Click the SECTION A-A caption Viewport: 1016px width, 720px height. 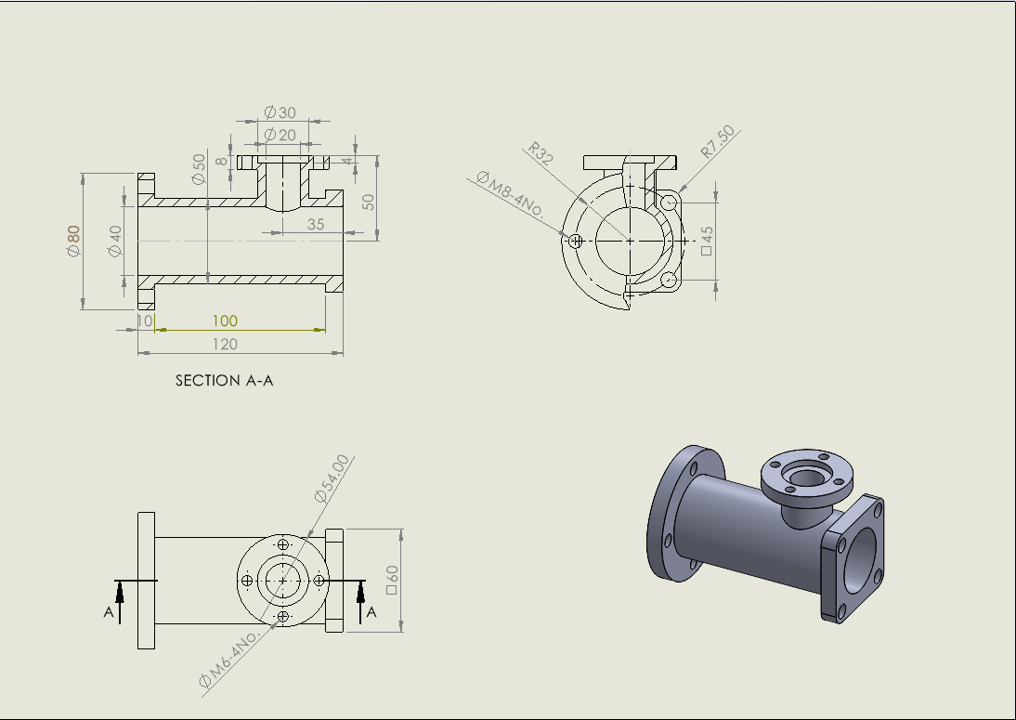[224, 381]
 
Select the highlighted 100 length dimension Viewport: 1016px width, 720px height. [225, 321]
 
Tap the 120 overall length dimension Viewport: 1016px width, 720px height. [225, 345]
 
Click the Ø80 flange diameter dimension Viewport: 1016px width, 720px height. [73, 241]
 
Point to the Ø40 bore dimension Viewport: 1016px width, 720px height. [115, 241]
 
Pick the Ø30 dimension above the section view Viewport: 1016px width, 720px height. [280, 112]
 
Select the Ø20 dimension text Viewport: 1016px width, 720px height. [280, 135]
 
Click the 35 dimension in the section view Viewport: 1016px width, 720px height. [316, 224]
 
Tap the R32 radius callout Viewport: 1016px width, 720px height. [541, 154]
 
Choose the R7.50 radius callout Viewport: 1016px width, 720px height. [718, 142]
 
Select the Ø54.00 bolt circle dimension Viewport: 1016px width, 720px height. [332, 478]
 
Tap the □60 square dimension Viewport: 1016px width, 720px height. [391, 581]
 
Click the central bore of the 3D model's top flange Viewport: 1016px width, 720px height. [801, 476]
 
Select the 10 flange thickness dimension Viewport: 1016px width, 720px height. [144, 321]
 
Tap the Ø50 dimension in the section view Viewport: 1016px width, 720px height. [199, 168]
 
